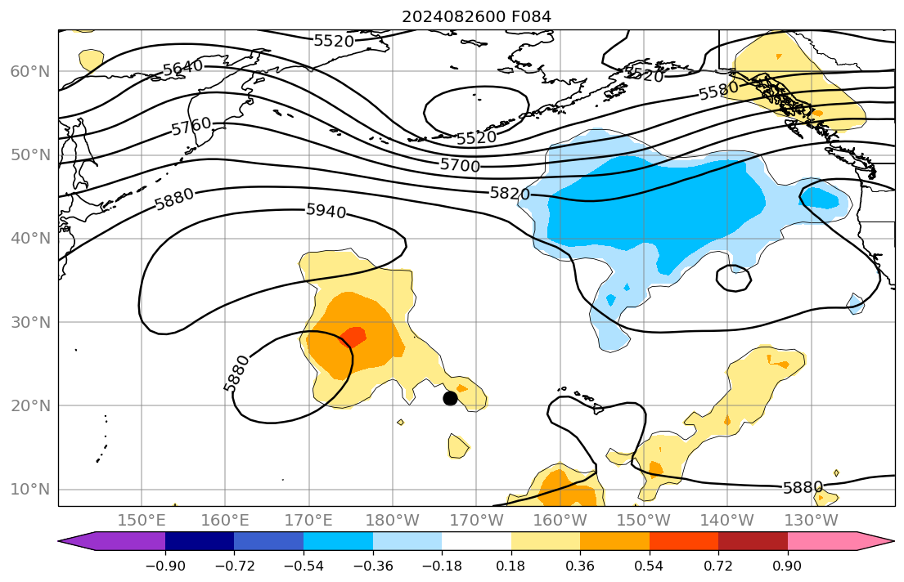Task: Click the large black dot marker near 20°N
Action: click(x=450, y=398)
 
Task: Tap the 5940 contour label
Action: click(x=326, y=211)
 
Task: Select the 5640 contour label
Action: click(x=183, y=69)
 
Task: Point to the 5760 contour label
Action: click(x=191, y=127)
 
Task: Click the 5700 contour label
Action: click(x=460, y=165)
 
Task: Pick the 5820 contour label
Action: click(x=510, y=194)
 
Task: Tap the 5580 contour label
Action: click(x=718, y=91)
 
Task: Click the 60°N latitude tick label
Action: click(x=30, y=72)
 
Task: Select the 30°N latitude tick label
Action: click(x=30, y=322)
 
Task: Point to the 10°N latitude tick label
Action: click(x=30, y=490)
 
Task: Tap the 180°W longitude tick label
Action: click(x=393, y=521)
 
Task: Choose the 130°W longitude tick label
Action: click(x=811, y=521)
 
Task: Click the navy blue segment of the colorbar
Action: click(x=200, y=541)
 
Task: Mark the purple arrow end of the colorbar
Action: click(x=78, y=541)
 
